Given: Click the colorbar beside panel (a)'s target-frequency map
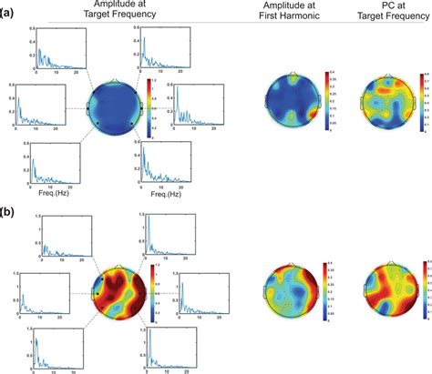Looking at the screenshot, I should pos(149,107).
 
